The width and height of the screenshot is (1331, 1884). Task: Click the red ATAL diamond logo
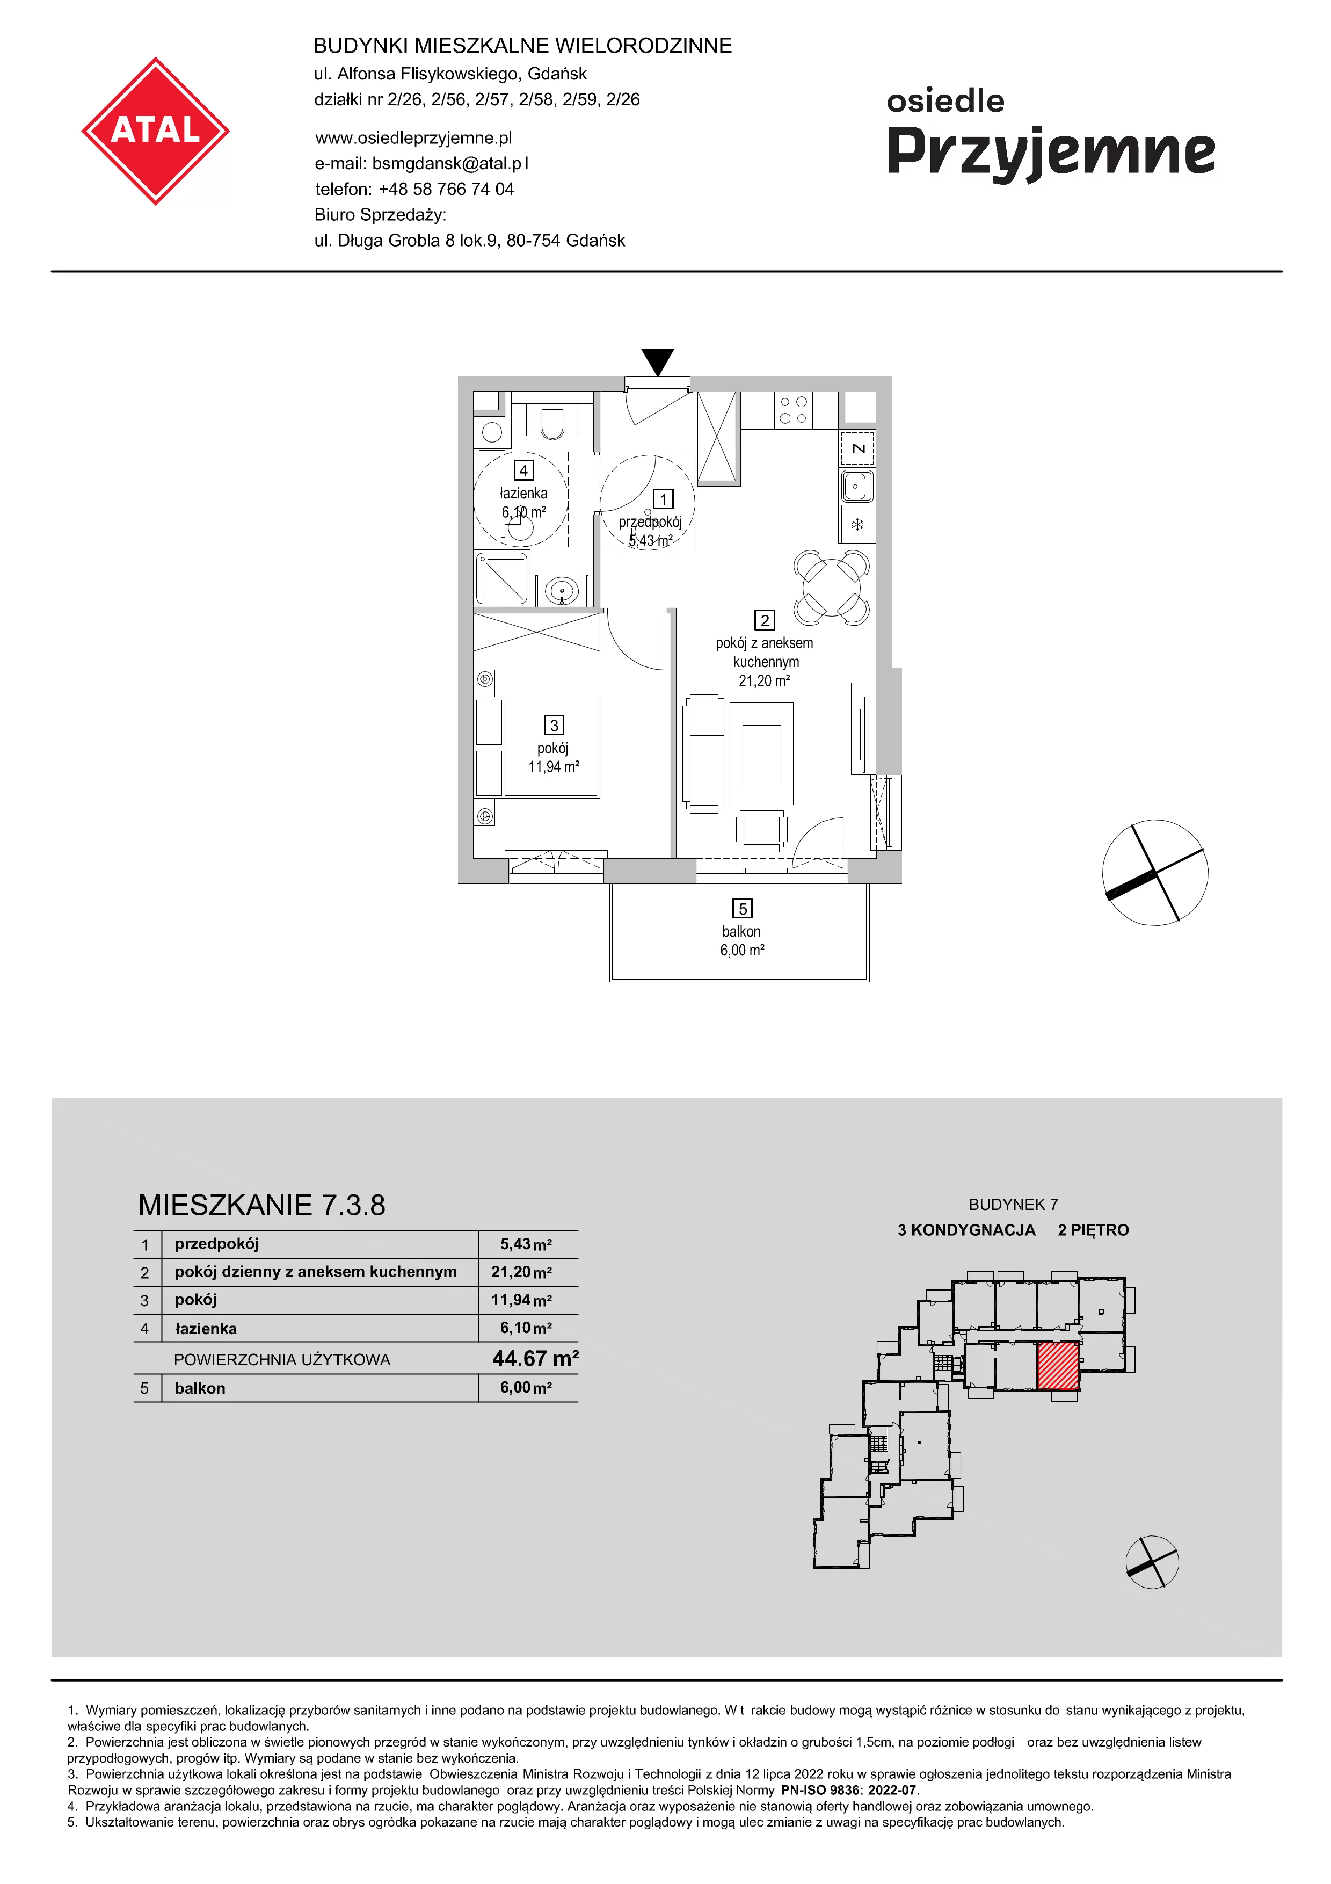(x=155, y=131)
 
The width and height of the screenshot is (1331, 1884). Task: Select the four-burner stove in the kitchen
(x=793, y=409)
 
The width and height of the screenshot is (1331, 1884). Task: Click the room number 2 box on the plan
(x=765, y=620)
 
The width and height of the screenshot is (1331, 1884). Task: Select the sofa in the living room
(x=704, y=754)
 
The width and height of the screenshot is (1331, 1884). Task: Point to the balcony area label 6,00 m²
(x=742, y=950)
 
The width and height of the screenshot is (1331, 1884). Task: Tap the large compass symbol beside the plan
(x=1155, y=872)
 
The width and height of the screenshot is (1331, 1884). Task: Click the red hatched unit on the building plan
(x=1058, y=1366)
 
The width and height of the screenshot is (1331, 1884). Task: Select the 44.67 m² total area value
(x=535, y=1359)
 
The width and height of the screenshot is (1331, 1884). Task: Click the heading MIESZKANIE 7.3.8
(x=261, y=1205)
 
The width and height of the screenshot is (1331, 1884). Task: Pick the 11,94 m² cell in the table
(x=521, y=1300)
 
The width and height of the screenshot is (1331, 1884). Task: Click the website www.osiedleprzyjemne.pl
(x=413, y=138)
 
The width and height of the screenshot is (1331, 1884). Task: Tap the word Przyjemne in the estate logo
(x=1051, y=154)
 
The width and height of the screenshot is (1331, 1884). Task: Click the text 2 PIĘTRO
(x=1093, y=1230)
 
